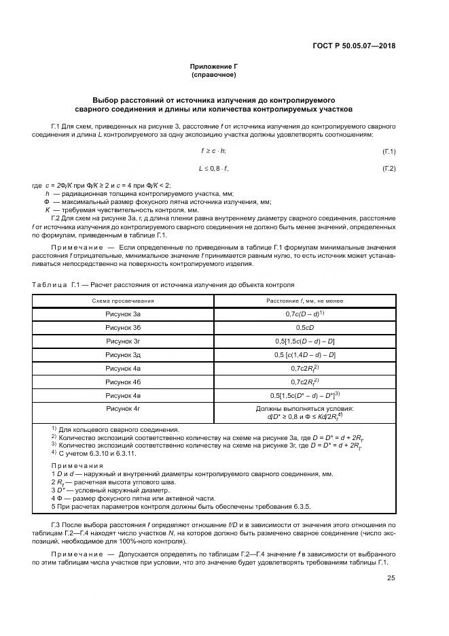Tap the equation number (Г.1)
(389, 151)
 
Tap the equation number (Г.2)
(389, 168)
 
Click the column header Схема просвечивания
(123, 301)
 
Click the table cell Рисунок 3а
(123, 314)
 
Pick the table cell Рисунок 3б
(123, 328)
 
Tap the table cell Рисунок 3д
(123, 355)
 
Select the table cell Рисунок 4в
(123, 395)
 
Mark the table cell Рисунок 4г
(123, 409)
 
